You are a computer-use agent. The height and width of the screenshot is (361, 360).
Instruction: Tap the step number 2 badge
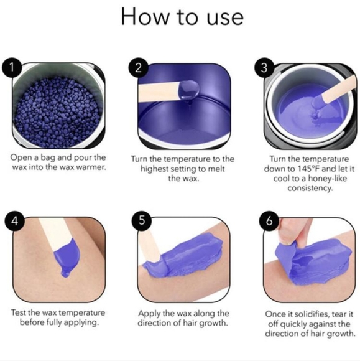[x=138, y=67]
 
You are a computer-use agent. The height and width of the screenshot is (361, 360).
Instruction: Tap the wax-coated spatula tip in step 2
[x=186, y=92]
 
